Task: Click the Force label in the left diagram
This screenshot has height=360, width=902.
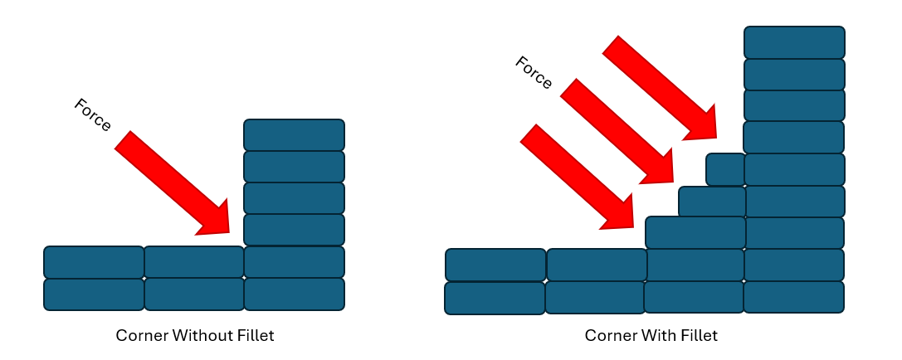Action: (x=92, y=114)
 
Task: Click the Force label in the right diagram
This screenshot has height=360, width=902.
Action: (x=534, y=72)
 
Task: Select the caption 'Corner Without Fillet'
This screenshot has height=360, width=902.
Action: (x=194, y=336)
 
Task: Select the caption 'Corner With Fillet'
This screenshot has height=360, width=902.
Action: (x=651, y=336)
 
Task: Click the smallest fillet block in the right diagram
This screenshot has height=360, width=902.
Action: (x=725, y=169)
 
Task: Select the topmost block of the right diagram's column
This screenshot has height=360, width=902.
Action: (x=794, y=42)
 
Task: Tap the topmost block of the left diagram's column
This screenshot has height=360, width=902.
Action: (x=294, y=135)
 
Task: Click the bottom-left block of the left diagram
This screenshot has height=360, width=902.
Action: (x=94, y=294)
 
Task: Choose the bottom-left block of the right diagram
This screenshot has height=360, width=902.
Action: (x=495, y=298)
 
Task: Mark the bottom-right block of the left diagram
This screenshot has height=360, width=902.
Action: (x=294, y=294)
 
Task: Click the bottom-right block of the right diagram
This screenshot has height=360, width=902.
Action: (x=793, y=297)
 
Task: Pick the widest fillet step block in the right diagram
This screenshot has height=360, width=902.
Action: (x=695, y=232)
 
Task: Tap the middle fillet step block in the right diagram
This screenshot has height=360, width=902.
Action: (x=712, y=202)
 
